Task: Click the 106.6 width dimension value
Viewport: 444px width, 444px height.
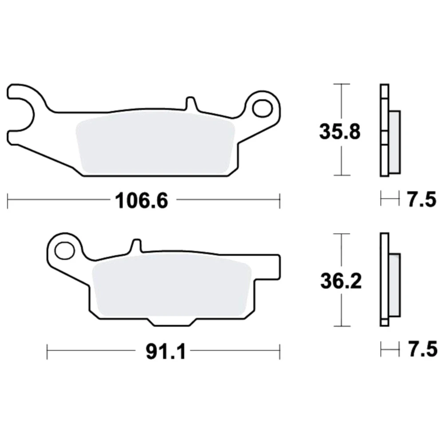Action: click(141, 201)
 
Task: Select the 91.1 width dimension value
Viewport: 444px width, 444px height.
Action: click(166, 351)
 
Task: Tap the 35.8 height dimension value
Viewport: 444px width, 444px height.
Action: click(340, 132)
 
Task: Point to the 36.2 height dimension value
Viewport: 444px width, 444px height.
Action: click(341, 281)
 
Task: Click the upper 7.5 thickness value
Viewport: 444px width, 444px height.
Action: click(422, 199)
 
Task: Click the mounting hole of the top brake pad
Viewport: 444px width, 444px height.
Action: click(262, 108)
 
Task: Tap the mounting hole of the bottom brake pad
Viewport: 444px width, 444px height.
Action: click(65, 250)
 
